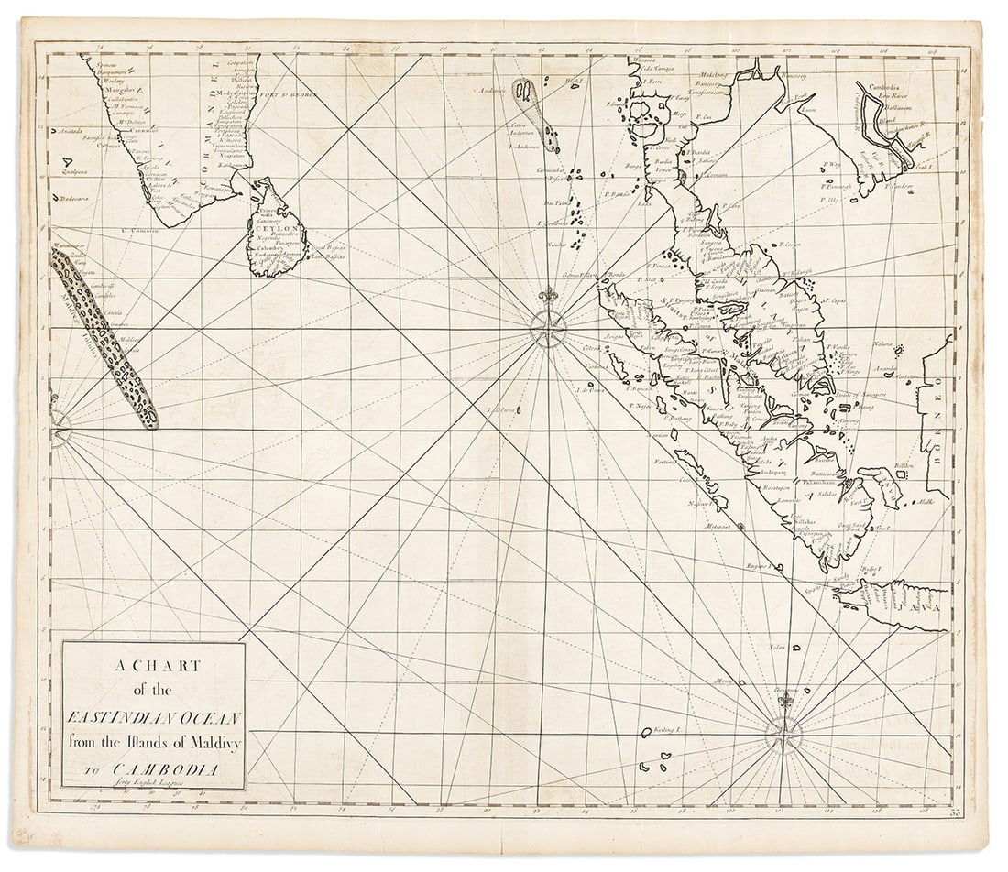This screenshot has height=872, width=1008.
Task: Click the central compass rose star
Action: click(x=548, y=329)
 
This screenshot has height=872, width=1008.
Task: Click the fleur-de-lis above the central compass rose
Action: click(x=548, y=297)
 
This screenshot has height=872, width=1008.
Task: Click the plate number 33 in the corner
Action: click(x=957, y=812)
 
